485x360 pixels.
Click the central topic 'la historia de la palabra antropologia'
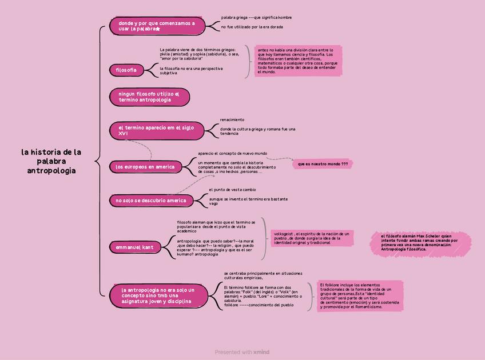51,161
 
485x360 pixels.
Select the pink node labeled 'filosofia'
126,70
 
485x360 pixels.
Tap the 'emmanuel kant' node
135,247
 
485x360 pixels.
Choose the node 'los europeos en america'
146,167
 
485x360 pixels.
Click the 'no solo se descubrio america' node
151,201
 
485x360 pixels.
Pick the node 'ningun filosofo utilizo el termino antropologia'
149,97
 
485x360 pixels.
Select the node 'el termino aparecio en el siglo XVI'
156,130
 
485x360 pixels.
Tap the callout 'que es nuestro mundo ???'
323,164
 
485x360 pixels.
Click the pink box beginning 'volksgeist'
312,238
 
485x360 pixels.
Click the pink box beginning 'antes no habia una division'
297,61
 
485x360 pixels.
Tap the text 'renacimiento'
232,120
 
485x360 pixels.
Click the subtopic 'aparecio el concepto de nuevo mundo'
232,153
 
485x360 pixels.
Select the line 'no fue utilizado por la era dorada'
252,27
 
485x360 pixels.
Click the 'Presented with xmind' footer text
242,352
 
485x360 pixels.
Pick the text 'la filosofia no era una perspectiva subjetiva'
191,71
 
